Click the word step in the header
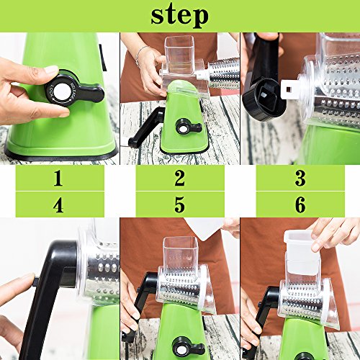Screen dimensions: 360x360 [x=179, y=16]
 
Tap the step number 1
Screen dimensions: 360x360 [x=58, y=178]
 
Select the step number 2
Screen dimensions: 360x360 [x=180, y=178]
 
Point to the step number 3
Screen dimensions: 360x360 [x=300, y=178]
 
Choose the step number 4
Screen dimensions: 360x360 [x=58, y=204]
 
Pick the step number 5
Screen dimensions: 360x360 [x=180, y=204]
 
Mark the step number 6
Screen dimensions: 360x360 [x=300, y=204]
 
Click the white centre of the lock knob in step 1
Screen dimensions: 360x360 [x=63, y=91]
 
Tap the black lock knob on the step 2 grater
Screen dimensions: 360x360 [x=189, y=127]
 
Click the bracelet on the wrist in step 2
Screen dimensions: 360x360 [x=140, y=55]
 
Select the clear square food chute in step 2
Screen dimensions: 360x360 [x=179, y=55]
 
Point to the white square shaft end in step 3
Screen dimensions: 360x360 [x=290, y=89]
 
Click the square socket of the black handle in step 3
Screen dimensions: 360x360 [x=268, y=99]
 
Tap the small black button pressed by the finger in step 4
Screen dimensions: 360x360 [x=35, y=282]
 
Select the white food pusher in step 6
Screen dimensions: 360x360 [x=302, y=252]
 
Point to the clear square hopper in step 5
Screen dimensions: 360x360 [x=181, y=253]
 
